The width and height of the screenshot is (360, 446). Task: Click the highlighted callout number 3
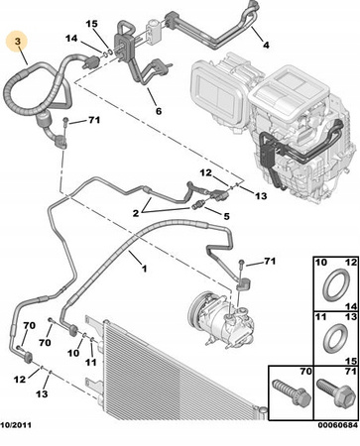18,42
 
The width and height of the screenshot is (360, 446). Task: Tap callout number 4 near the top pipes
266,45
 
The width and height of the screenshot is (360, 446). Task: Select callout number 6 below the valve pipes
159,111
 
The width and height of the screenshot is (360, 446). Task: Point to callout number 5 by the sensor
226,216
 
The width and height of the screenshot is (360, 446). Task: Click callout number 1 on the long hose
144,269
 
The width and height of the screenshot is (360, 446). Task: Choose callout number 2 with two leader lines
136,213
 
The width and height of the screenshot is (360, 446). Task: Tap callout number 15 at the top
92,24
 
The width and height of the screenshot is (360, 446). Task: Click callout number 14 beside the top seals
71,39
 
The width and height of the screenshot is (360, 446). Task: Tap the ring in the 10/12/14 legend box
335,285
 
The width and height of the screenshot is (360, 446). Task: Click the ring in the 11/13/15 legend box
335,339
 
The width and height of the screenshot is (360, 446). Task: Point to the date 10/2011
16,424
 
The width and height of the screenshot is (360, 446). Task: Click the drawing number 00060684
338,424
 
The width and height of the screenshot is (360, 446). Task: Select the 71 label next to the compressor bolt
270,262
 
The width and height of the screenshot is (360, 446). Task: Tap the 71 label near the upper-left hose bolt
94,120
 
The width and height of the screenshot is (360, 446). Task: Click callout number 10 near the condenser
73,353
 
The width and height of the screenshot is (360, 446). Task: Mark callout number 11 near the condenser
91,362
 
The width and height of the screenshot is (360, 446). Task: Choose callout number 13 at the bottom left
42,393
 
